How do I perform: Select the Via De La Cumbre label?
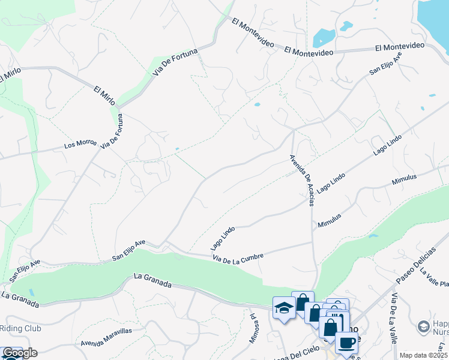(238, 257)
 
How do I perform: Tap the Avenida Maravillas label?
(107, 344)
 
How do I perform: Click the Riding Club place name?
(20, 329)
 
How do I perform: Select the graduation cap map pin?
(283, 308)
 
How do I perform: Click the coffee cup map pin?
(346, 343)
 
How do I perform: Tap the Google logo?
(19, 353)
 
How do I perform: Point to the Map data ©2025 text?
(423, 355)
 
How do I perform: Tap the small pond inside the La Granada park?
(31, 293)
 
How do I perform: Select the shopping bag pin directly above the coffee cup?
(330, 328)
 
